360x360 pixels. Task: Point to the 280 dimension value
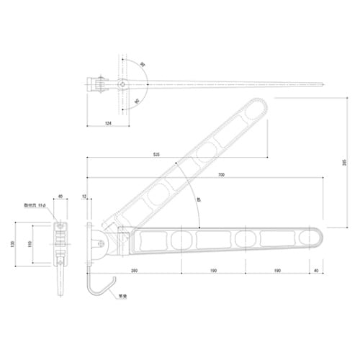(x=135, y=271)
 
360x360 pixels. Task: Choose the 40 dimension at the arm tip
(x=316, y=271)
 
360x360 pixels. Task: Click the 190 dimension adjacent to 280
(x=213, y=271)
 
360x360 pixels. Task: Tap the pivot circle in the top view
(x=125, y=84)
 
